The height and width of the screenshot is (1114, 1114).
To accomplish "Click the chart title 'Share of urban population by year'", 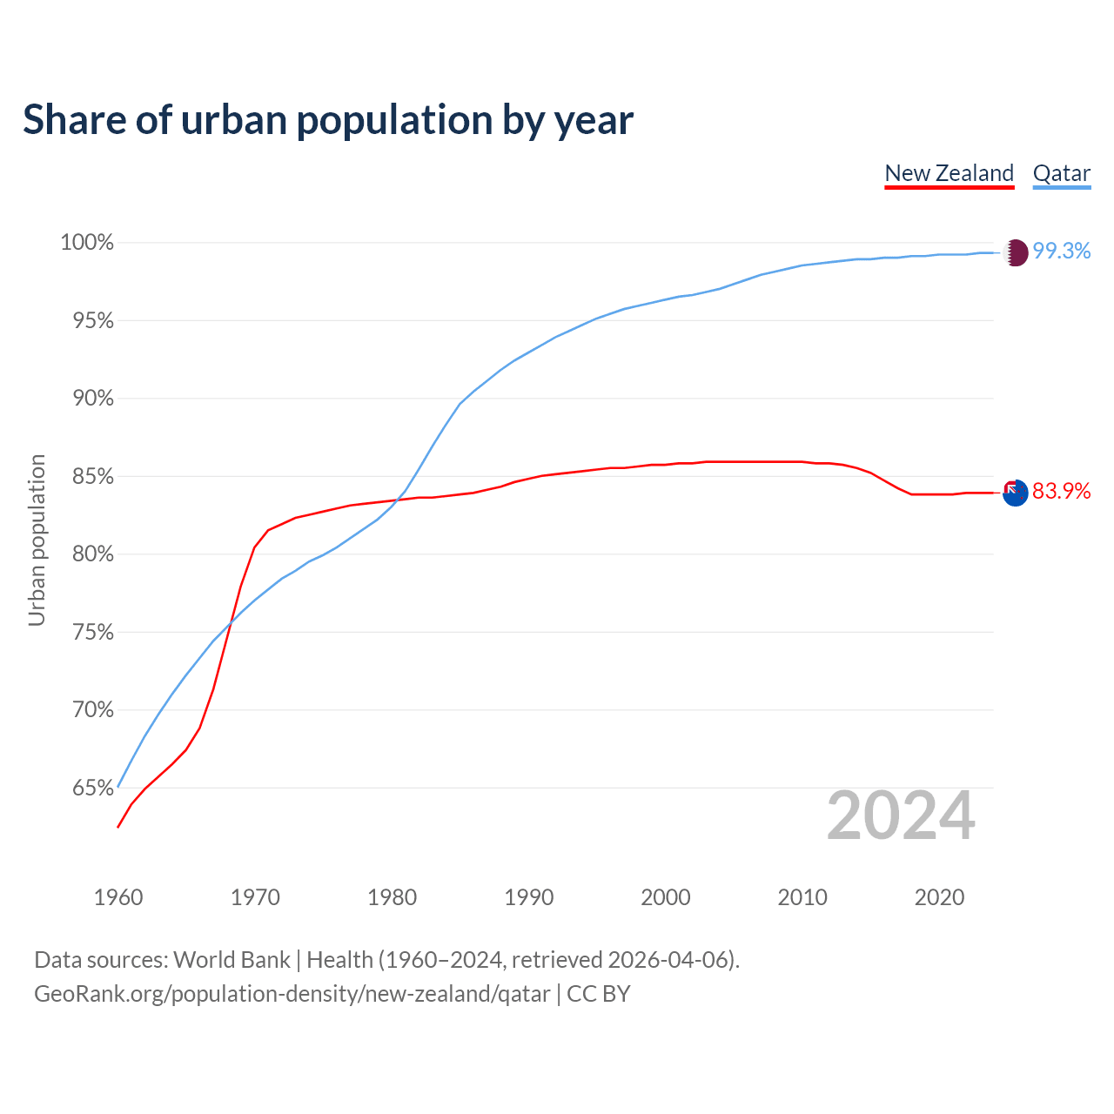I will [x=328, y=120].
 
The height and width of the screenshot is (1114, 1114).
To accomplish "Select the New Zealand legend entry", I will [x=949, y=173].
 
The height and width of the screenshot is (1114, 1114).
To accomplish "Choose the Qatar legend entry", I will [x=1061, y=173].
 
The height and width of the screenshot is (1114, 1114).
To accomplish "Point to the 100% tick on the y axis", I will [x=87, y=243].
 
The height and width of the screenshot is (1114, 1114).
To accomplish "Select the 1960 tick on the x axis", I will [x=118, y=897].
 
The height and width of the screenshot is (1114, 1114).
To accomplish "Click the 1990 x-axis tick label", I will [x=529, y=897].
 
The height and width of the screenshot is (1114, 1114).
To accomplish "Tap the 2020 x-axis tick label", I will [x=939, y=897].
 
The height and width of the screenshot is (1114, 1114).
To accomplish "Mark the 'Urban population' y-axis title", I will [x=37, y=540].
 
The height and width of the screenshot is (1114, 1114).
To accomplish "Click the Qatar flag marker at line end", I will [x=1016, y=252].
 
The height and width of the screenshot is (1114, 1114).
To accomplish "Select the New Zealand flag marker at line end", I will [x=1016, y=493].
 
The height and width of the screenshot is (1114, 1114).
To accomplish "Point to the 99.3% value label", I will [x=1062, y=252].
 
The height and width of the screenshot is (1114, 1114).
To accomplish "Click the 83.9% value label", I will [x=1062, y=492].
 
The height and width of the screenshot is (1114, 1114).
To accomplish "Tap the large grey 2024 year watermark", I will [x=901, y=816].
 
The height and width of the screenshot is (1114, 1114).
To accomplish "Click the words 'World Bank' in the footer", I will [x=232, y=960].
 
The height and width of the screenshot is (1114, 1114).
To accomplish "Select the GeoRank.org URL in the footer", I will [x=292, y=994].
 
